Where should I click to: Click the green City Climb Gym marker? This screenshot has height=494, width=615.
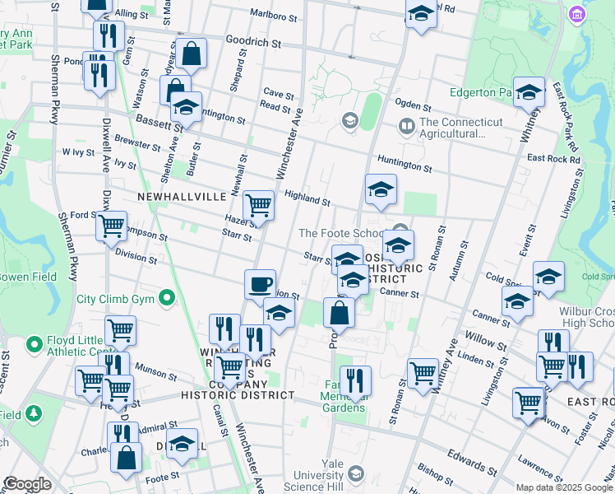tap(168, 297)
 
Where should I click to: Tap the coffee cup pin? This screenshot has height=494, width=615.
tap(261, 285)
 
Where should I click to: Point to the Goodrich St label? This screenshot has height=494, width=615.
tap(253, 40)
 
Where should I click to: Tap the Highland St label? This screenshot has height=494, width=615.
tap(307, 198)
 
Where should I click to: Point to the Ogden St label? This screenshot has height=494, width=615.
tap(413, 106)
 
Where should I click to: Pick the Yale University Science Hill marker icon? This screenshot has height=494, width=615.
tap(355, 473)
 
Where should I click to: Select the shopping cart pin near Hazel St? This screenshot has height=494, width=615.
tap(259, 205)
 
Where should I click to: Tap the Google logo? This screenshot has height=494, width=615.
tap(27, 484)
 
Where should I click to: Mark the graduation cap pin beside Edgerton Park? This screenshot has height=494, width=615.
tap(529, 91)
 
